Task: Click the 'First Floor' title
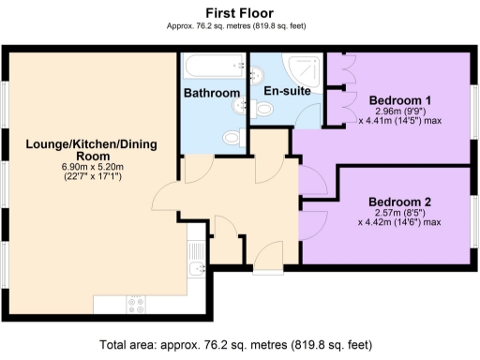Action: (x=240, y=12)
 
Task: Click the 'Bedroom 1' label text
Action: (x=399, y=99)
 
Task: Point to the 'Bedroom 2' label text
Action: (x=399, y=202)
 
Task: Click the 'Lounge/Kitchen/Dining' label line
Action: (x=91, y=144)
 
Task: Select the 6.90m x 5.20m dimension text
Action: (x=91, y=167)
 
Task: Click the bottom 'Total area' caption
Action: (x=239, y=344)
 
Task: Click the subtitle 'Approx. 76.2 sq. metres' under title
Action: (x=240, y=27)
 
